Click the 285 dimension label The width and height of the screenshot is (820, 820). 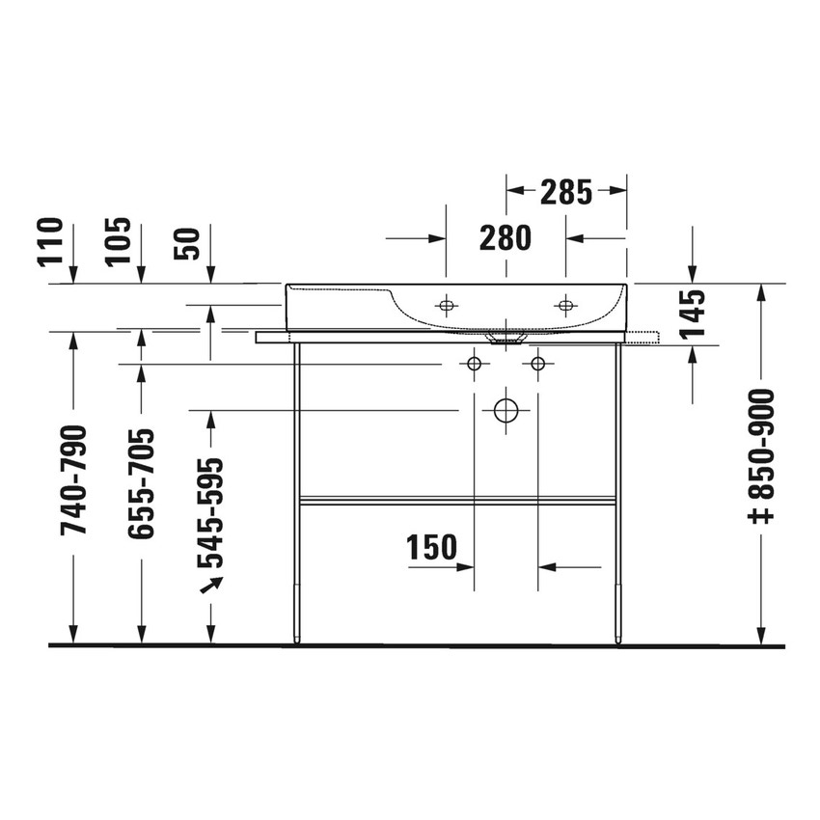[565, 193]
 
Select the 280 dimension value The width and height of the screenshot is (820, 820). [505, 237]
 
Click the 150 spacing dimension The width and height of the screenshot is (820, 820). [431, 548]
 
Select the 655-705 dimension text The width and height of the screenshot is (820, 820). [141, 482]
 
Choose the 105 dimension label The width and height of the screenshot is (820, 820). [118, 242]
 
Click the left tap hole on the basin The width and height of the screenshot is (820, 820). [446, 306]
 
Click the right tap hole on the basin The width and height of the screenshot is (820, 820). [565, 306]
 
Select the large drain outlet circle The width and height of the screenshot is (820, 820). [506, 410]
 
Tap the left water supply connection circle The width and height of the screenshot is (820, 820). [474, 364]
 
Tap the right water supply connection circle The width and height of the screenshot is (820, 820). [538, 364]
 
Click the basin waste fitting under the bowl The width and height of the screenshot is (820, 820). [506, 340]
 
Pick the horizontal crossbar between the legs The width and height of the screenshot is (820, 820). [457, 500]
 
